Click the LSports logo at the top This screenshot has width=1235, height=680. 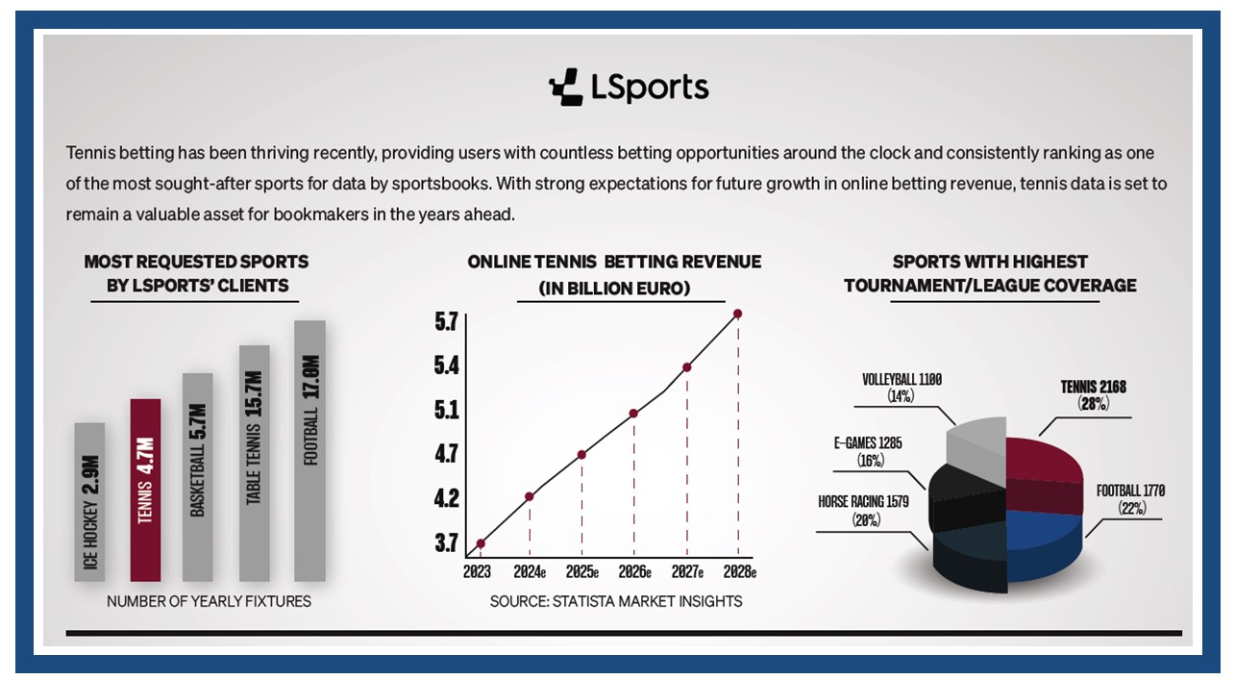pos(629,87)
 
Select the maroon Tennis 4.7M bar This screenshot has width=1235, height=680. pos(145,491)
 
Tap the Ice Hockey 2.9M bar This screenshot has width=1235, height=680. pos(89,502)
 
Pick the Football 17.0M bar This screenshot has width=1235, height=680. pos(309,451)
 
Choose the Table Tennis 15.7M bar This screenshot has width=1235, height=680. pos(254,464)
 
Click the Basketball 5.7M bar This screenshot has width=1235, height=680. pos(197,477)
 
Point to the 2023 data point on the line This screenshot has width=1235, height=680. pos(481,543)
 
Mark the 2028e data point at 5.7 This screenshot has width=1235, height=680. pos(738,314)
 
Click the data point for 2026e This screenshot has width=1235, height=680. pos(633,414)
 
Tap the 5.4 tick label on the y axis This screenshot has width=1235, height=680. pos(446,365)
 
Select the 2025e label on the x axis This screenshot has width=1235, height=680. pos(581,572)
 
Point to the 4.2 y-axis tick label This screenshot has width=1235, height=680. pos(446,498)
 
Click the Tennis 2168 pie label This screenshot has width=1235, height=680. pos(1094,395)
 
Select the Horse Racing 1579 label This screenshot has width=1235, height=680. pos(863,510)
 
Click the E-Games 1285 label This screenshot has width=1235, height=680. pos(868,451)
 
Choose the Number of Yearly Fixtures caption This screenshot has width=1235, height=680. pos(209,601)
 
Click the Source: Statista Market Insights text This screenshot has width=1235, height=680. pos(616,601)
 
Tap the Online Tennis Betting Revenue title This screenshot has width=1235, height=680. pos(614,274)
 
